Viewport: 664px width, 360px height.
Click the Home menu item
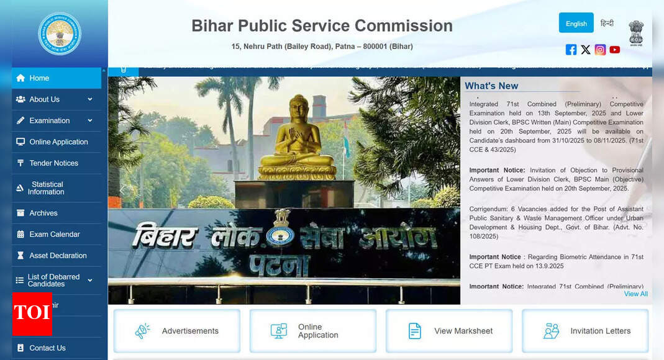[39, 78]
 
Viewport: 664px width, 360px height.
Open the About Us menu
[45, 99]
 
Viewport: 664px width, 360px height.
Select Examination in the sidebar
[50, 120]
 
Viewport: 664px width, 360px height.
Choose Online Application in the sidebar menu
[58, 142]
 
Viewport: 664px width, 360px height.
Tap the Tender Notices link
[53, 163]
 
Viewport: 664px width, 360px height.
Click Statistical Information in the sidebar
[47, 188]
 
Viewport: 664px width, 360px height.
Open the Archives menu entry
[43, 213]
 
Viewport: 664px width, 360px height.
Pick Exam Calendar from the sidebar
[55, 234]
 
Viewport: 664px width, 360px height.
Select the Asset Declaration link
[58, 255]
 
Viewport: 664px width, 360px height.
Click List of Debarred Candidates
[53, 281]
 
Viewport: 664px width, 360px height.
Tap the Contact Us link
[47, 348]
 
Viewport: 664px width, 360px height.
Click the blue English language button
[576, 24]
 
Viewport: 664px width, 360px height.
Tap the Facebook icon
[571, 50]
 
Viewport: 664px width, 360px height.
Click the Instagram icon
[600, 50]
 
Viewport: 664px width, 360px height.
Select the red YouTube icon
[614, 50]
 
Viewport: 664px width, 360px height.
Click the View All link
[635, 294]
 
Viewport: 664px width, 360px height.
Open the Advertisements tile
[177, 331]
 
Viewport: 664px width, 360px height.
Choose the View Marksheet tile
[449, 331]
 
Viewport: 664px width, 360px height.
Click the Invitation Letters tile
[585, 331]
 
